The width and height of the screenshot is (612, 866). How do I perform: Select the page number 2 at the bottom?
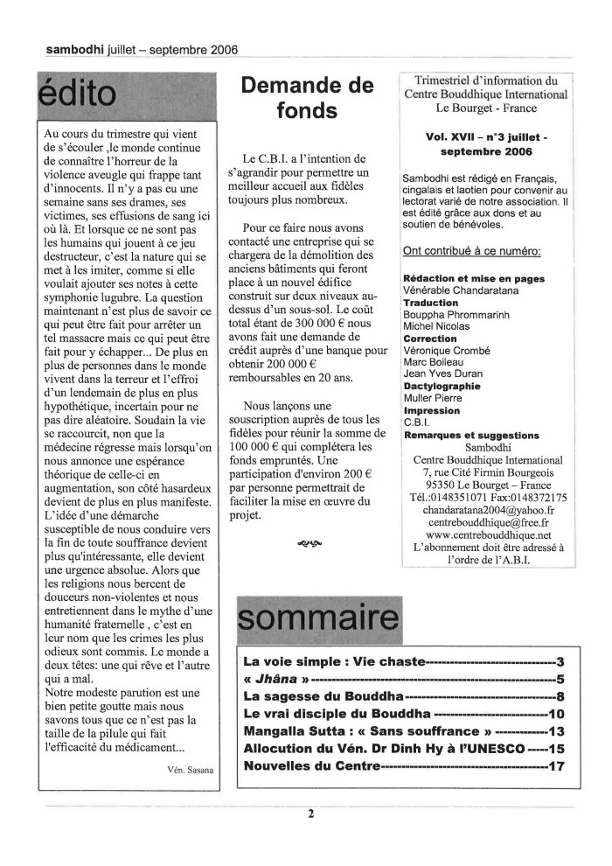(x=309, y=814)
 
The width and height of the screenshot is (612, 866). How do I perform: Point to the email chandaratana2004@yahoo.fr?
(x=489, y=509)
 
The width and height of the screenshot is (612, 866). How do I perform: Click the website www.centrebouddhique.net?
(x=489, y=534)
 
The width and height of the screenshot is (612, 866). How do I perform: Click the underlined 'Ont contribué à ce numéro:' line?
(x=471, y=252)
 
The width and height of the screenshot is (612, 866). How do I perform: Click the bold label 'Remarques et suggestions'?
(x=470, y=435)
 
